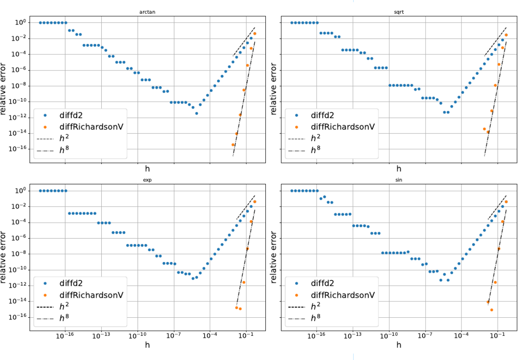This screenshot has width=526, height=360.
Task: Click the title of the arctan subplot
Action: click(x=147, y=12)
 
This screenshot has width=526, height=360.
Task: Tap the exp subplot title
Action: click(x=147, y=180)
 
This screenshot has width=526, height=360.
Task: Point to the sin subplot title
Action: click(x=399, y=180)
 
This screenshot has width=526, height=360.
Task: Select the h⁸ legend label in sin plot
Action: click(x=315, y=318)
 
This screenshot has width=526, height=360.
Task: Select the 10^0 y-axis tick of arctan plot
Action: click(x=22, y=23)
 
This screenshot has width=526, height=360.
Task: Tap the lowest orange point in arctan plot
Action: click(x=233, y=145)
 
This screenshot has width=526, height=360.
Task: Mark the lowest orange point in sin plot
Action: click(x=491, y=310)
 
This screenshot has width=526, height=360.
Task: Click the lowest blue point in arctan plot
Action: click(x=197, y=113)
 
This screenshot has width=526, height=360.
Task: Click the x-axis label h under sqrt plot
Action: click(x=399, y=169)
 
